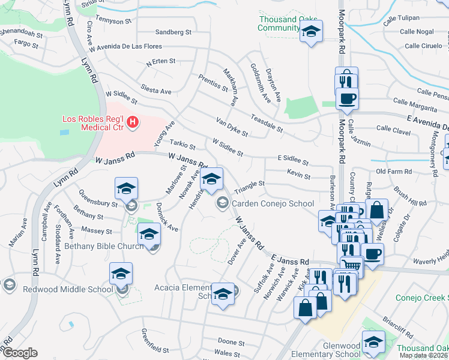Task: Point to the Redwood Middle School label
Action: click(59, 289)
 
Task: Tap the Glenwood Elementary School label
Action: click(325, 350)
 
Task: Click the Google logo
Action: click(20, 353)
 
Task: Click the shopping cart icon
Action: click(352, 264)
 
